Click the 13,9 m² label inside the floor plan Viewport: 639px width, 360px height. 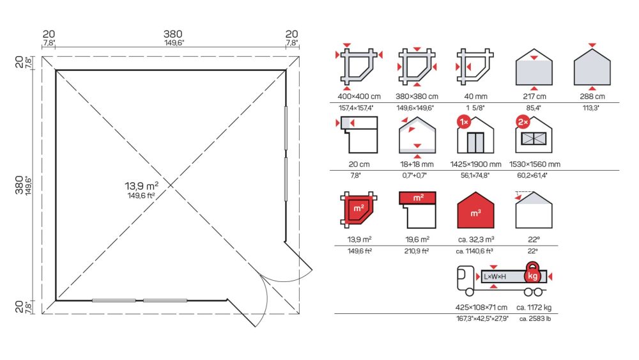coord(141,186)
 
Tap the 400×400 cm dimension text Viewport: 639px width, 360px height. coord(359,97)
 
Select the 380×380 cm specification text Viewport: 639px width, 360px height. coord(417,97)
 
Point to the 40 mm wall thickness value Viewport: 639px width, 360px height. coord(475,97)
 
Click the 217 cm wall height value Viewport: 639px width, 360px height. coord(534,97)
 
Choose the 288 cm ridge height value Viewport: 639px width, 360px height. coord(592,97)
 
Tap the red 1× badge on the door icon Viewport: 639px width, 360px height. coord(464,121)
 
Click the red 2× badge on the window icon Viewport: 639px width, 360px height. coord(523,121)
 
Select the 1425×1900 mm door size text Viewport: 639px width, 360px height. coord(475,164)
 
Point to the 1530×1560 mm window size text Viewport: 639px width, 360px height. coord(534,164)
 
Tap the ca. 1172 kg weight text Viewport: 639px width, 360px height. coord(534,308)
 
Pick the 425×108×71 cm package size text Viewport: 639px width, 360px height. coord(481,308)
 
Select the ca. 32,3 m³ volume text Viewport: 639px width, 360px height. coord(475,239)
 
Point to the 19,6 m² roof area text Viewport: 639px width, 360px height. coord(417,239)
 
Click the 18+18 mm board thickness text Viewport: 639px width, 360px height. coord(417,164)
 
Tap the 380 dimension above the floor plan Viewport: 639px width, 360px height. coord(173,35)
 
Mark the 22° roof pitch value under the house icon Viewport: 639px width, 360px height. coord(534,239)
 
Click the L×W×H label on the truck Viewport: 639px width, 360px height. coord(495,277)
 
